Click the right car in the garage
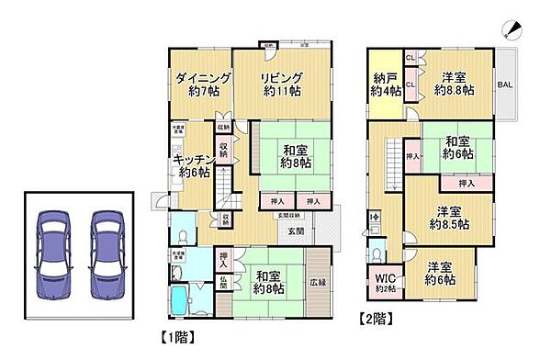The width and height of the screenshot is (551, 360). click(x=107, y=245)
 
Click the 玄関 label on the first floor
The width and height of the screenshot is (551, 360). click(x=297, y=231)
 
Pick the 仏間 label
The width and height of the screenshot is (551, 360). click(x=223, y=282)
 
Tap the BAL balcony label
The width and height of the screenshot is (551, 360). click(x=505, y=84)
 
